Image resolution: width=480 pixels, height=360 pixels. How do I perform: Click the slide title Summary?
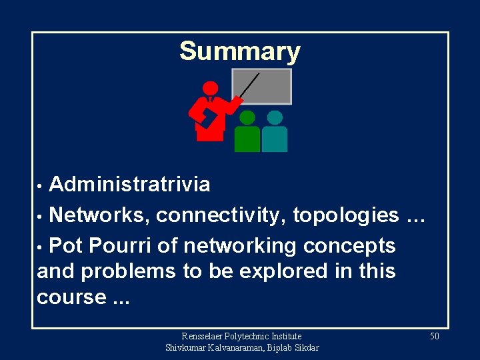tap(240, 51)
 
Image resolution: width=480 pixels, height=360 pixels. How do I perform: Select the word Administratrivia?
tap(129, 184)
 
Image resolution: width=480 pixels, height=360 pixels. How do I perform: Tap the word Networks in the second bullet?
tap(99, 215)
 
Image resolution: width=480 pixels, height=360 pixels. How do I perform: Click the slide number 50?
tap(434, 337)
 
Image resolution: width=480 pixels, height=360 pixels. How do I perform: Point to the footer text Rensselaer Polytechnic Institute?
tap(241, 337)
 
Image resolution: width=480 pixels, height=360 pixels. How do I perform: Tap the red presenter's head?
tap(210, 88)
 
